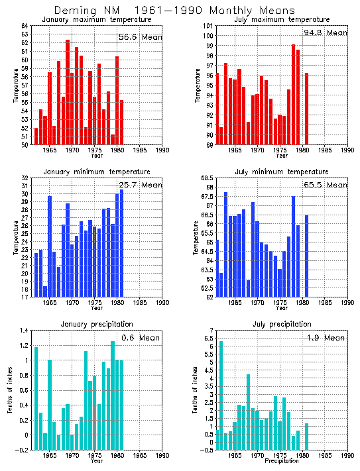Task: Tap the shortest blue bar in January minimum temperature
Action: tap(45, 291)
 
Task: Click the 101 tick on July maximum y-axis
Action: tap(207, 26)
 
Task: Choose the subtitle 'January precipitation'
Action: tap(97, 324)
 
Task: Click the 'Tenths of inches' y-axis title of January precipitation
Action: tap(11, 391)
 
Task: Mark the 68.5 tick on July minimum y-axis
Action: tap(205, 179)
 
